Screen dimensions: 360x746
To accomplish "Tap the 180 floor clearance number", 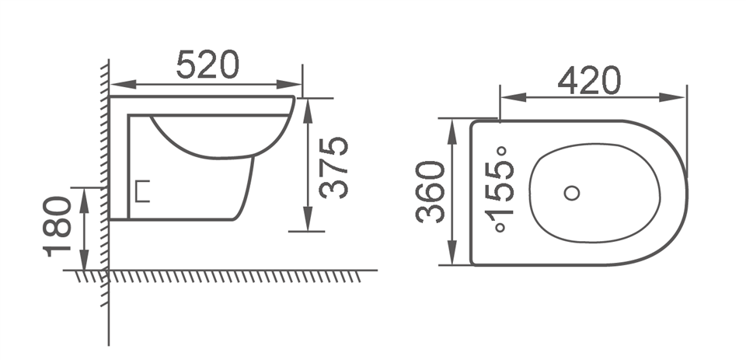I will [58, 226].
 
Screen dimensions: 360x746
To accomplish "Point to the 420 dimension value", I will [590, 80].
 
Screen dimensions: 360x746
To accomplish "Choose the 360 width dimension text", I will [431, 192].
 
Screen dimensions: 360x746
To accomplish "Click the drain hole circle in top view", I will [573, 191].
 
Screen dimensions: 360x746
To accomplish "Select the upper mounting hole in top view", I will [501, 151].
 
